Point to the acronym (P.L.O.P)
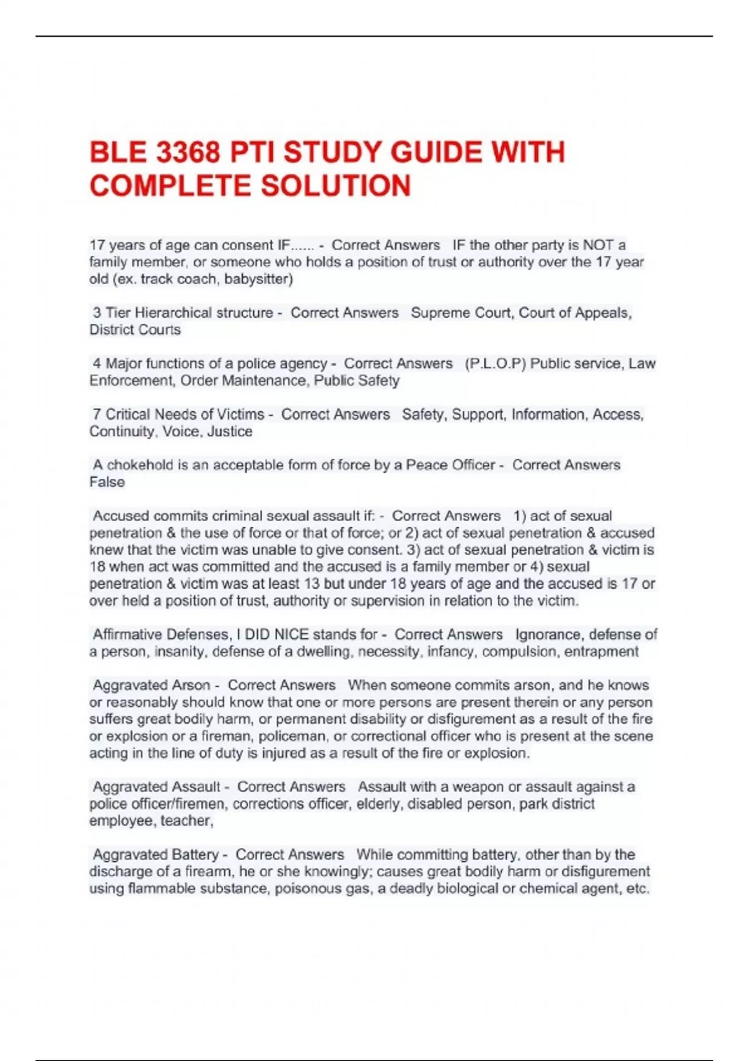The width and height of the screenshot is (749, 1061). pos(496,363)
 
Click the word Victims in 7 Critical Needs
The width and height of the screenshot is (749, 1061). pos(240,414)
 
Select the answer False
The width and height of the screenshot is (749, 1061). pos(107,482)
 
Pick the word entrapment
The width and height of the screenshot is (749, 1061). pos(601,652)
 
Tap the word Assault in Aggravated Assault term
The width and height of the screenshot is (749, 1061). pos(197,787)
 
